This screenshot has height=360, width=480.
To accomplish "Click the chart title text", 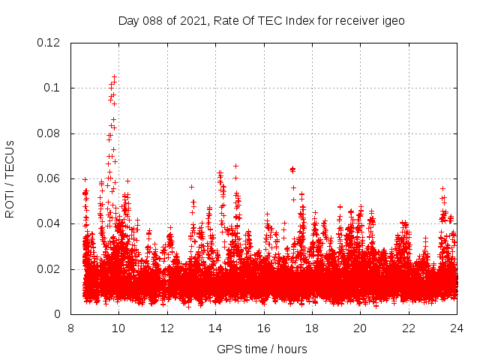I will click(262, 20).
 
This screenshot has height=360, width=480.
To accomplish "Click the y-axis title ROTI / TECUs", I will click(10, 178).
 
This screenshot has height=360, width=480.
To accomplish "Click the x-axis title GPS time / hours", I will click(262, 349).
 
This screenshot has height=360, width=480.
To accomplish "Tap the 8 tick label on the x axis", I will click(70, 328).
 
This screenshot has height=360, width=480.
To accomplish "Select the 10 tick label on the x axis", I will click(118, 328).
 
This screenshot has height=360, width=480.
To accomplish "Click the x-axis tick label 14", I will click(215, 328).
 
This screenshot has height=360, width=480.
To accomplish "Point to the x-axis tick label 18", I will click(312, 328).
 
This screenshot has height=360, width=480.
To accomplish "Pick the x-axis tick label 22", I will click(409, 328).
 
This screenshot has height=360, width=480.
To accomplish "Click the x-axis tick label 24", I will click(457, 328).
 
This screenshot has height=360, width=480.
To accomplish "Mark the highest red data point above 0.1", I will click(115, 76).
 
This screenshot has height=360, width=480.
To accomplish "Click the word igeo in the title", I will click(393, 20).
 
